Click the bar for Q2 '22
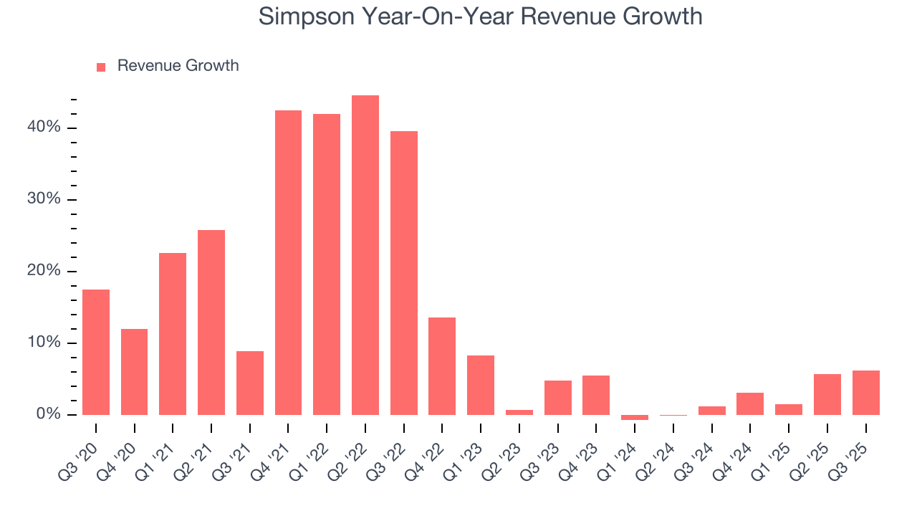(365, 255)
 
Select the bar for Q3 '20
(96, 352)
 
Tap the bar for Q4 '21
(288, 262)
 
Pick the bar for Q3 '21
(250, 383)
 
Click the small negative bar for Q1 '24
(635, 417)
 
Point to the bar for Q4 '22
(442, 366)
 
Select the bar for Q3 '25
(865, 393)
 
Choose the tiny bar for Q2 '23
(519, 412)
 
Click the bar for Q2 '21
(211, 322)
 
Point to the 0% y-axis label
(48, 414)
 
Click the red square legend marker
(101, 67)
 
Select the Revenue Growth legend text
(178, 66)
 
